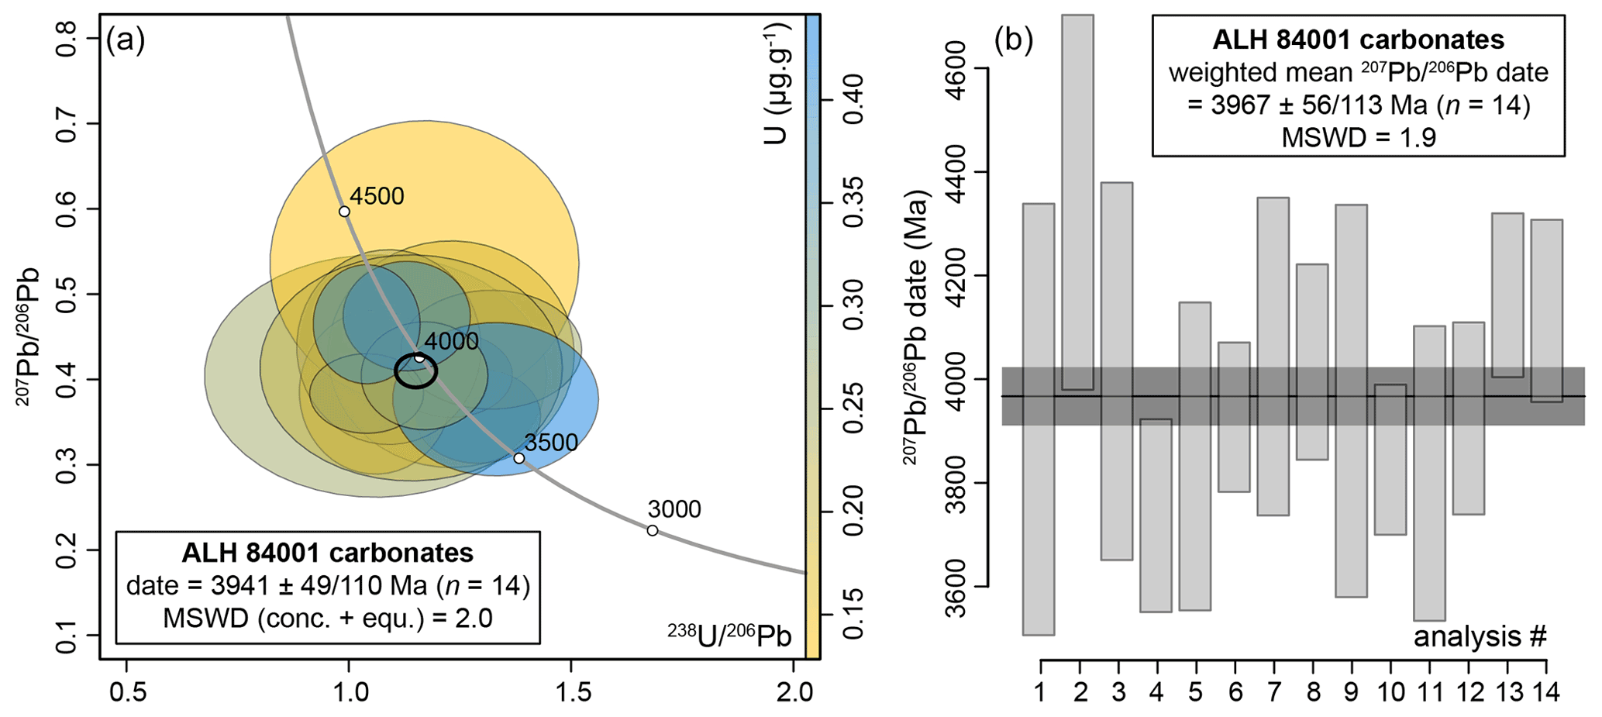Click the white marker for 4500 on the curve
click(344, 212)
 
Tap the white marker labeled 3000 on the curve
click(653, 530)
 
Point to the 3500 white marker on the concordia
click(519, 458)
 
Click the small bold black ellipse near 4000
click(415, 371)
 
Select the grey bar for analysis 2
click(1078, 202)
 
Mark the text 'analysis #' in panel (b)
click(1480, 636)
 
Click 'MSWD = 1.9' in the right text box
click(1358, 137)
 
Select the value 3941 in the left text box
click(226, 585)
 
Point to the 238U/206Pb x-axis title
click(729, 636)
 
